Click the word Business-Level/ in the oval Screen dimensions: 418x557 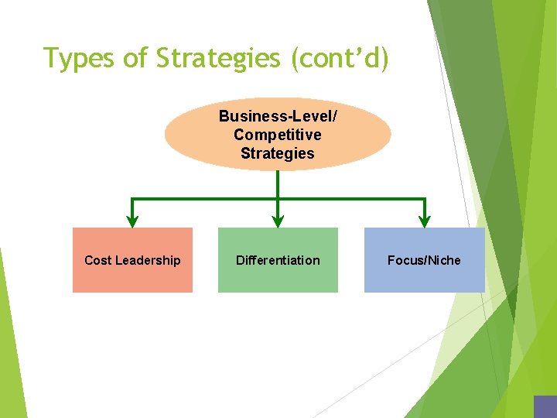point(277,116)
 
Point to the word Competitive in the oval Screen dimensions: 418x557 point(277,135)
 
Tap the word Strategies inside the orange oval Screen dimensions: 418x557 point(277,153)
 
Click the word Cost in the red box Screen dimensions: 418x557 point(97,260)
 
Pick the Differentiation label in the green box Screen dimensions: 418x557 point(278,260)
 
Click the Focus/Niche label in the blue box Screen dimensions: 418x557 point(424,260)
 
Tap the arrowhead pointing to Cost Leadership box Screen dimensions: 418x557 point(132,221)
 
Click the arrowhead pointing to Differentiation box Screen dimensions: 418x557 point(278,221)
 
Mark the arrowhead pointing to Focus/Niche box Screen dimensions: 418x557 point(425,221)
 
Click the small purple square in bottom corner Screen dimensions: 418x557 point(545,407)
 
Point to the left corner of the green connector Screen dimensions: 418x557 point(132,200)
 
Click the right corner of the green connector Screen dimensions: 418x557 point(425,200)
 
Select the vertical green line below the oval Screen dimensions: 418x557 point(278,184)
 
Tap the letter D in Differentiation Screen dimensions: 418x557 point(240,260)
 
